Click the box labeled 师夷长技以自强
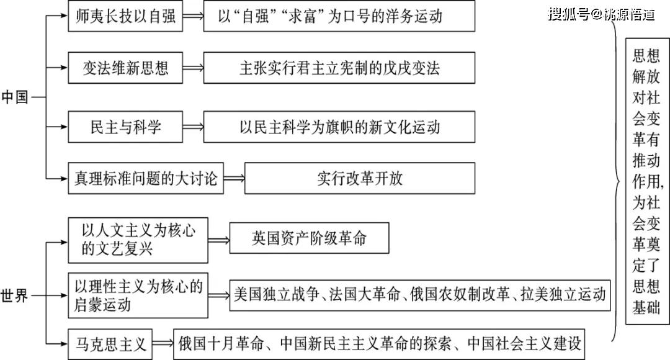pyautogui.click(x=125, y=16)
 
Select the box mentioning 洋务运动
pyautogui.click(x=339, y=16)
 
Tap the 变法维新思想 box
pyautogui.click(x=125, y=68)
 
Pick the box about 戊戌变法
pyautogui.click(x=339, y=68)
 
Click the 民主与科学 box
pyautogui.click(x=125, y=127)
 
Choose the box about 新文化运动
pyautogui.click(x=339, y=127)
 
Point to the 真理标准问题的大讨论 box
pyautogui.click(x=146, y=178)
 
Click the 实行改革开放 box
pyautogui.click(x=359, y=178)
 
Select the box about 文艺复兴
pyautogui.click(x=138, y=240)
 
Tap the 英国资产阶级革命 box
pyautogui.click(x=309, y=238)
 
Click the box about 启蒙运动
pyautogui.click(x=138, y=295)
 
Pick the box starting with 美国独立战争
pyautogui.click(x=419, y=295)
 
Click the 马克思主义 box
pyautogui.click(x=110, y=344)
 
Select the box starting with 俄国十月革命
pyautogui.click(x=379, y=344)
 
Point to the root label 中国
pyautogui.click(x=15, y=97)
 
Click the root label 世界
pyautogui.click(x=15, y=295)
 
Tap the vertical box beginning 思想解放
pyautogui.click(x=647, y=181)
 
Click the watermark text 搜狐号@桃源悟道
pyautogui.click(x=601, y=14)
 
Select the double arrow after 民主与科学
pyautogui.click(x=193, y=127)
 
